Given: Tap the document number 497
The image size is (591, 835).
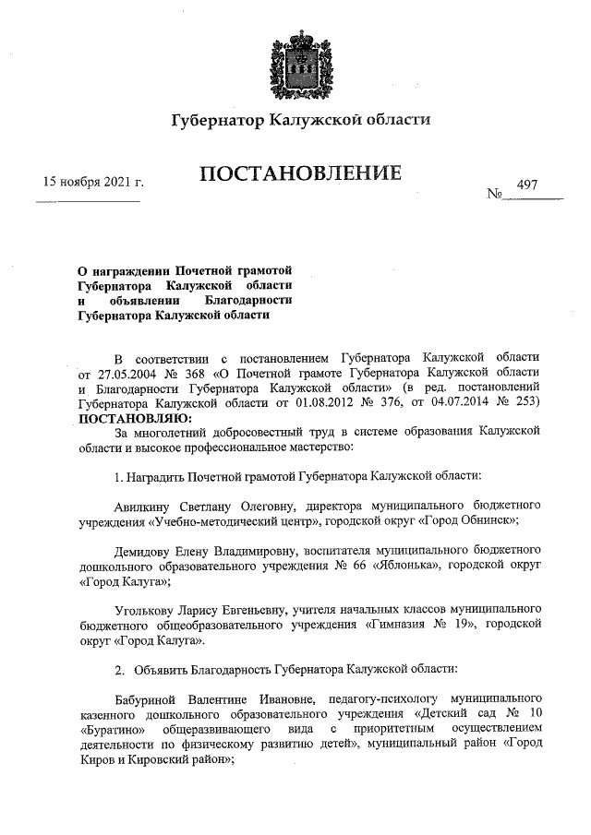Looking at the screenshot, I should pyautogui.click(x=528, y=185).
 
